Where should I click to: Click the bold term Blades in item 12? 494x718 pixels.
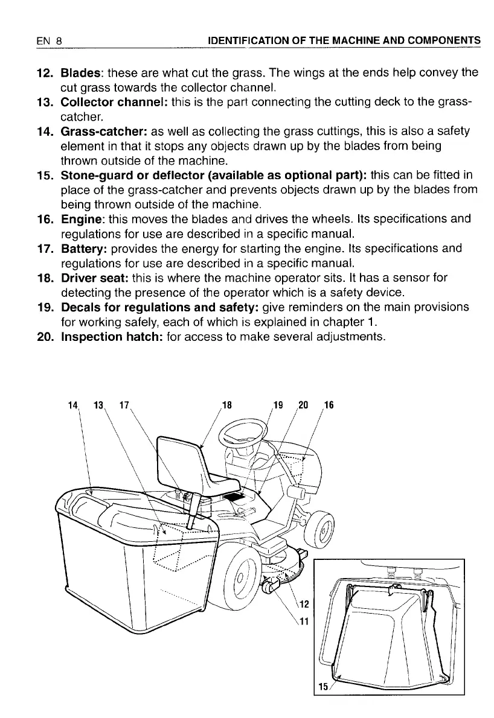pos(80,74)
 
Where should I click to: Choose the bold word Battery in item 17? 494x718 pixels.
pos(83,249)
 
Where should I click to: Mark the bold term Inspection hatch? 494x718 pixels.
pos(111,336)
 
